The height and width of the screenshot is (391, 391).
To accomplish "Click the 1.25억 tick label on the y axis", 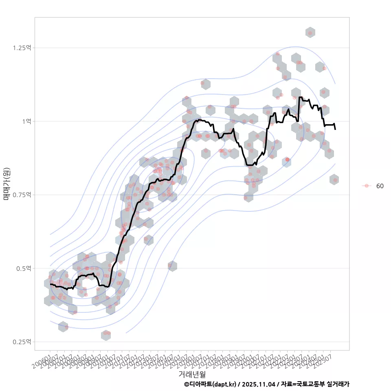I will point(22,48).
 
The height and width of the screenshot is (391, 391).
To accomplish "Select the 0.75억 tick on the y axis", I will point(22,195).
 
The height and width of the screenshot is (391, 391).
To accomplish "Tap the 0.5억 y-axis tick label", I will point(23,268).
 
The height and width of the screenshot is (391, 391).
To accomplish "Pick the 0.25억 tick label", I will point(22,342).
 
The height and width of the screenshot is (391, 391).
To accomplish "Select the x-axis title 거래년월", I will point(192,373).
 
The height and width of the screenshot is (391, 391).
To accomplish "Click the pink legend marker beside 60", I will point(367,186).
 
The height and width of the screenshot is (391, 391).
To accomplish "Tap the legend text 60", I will point(380,186).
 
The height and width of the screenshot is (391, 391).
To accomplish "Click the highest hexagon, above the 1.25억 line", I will point(310,33).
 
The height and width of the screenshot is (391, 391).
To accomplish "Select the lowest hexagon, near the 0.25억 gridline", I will point(106,335).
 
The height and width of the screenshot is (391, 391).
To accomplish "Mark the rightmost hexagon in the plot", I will point(334,180).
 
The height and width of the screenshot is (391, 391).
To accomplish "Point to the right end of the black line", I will point(335,129).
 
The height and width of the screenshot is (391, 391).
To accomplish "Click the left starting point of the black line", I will point(51,284).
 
